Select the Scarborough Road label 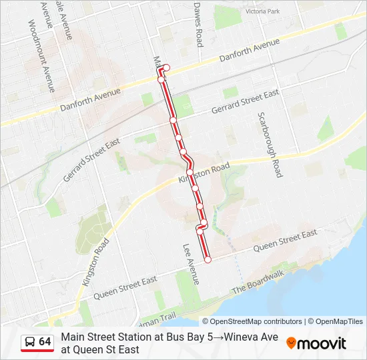(269, 144)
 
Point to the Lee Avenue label (191, 263)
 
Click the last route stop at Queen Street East (208, 260)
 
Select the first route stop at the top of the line (166, 67)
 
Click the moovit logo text (322, 343)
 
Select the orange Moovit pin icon (291, 343)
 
